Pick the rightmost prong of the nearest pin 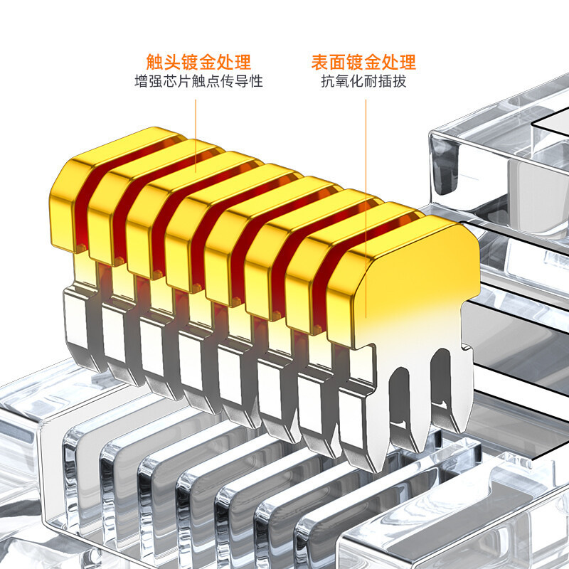pos(459,405)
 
